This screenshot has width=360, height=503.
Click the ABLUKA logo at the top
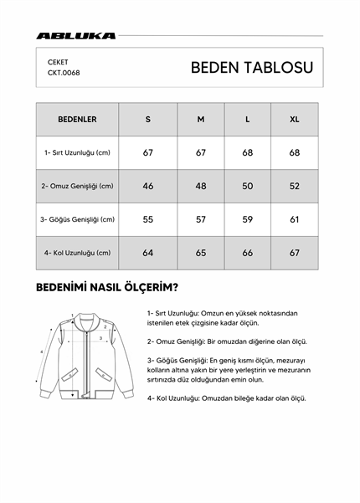(76, 36)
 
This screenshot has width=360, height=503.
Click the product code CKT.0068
(64, 73)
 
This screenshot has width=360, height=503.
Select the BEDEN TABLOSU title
(252, 68)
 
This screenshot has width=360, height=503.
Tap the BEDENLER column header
(77, 119)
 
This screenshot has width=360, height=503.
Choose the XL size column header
(294, 119)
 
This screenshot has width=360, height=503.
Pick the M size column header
(201, 119)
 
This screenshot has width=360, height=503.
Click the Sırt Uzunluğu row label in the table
(77, 152)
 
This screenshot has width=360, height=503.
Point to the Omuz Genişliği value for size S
(148, 186)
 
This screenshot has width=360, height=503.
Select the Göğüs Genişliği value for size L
(248, 219)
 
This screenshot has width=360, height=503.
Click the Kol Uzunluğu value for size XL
(294, 253)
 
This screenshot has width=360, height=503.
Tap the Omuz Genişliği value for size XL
(294, 186)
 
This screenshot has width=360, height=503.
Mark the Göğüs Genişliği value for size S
(148, 219)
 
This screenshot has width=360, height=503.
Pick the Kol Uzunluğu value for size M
(201, 253)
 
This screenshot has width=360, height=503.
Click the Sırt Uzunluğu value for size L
(248, 152)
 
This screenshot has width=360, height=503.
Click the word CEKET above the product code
(59, 61)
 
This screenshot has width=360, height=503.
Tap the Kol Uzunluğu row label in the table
(77, 253)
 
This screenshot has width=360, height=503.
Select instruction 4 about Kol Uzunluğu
(226, 398)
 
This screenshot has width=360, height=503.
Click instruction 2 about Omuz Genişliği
(227, 341)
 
